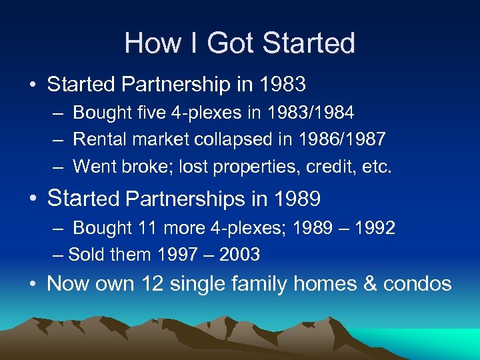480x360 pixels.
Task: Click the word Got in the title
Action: coord(231,43)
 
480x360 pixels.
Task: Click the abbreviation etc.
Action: coord(377,166)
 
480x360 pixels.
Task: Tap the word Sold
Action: coord(85,254)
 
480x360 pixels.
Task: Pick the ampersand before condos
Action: coord(369,283)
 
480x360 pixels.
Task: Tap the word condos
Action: coord(417,283)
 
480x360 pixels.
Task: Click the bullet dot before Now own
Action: coord(33,285)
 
